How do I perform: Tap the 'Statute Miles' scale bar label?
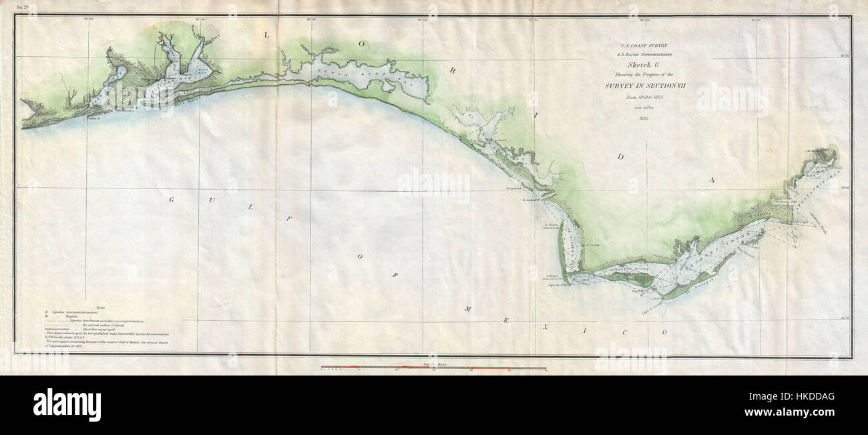coord(433,364)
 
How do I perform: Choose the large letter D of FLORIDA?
coord(620,158)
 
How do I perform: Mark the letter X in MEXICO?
coord(545,327)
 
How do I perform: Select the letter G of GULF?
coord(171,200)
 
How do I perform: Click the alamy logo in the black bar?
coord(67,404)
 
